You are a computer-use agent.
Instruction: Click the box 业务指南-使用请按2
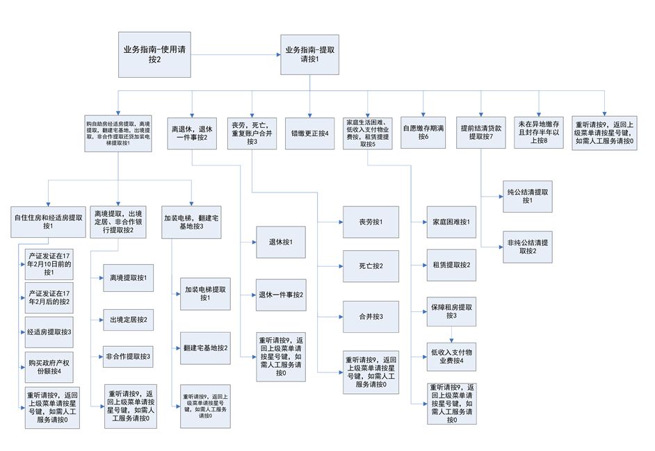click(154, 55)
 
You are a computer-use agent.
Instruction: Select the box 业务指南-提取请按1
click(309, 55)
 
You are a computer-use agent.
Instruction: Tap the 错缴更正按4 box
click(310, 133)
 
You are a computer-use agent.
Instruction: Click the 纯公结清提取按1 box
click(526, 196)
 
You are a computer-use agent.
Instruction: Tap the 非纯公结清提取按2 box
click(526, 247)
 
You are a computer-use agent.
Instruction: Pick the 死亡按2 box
click(371, 266)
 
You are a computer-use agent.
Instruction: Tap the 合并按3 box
click(371, 316)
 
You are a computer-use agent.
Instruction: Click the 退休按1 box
click(280, 242)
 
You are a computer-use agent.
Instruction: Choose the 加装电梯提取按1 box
click(204, 293)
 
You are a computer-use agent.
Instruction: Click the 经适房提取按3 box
click(49, 331)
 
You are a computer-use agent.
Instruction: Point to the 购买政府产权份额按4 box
click(49, 367)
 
